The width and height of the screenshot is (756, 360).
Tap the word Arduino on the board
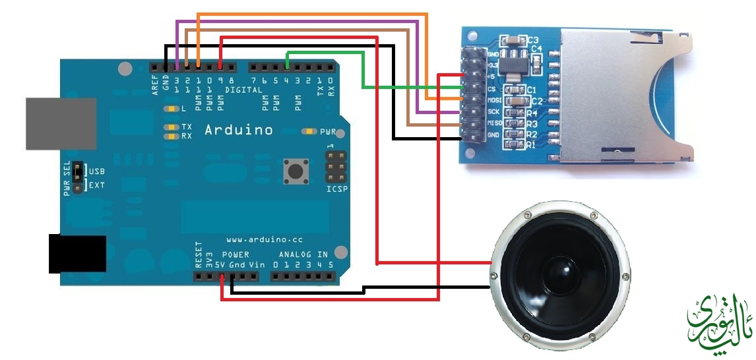point(239,130)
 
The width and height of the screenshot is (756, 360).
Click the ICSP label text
point(337,189)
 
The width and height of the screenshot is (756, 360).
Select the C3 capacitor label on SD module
point(532,40)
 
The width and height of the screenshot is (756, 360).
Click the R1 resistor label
point(531,145)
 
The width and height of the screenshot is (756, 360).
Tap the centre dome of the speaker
point(559,271)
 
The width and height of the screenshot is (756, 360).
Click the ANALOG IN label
point(303,254)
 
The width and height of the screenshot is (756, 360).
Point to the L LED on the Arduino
point(172,108)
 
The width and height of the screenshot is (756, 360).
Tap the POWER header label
point(235,254)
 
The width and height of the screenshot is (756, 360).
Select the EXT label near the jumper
point(96,185)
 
